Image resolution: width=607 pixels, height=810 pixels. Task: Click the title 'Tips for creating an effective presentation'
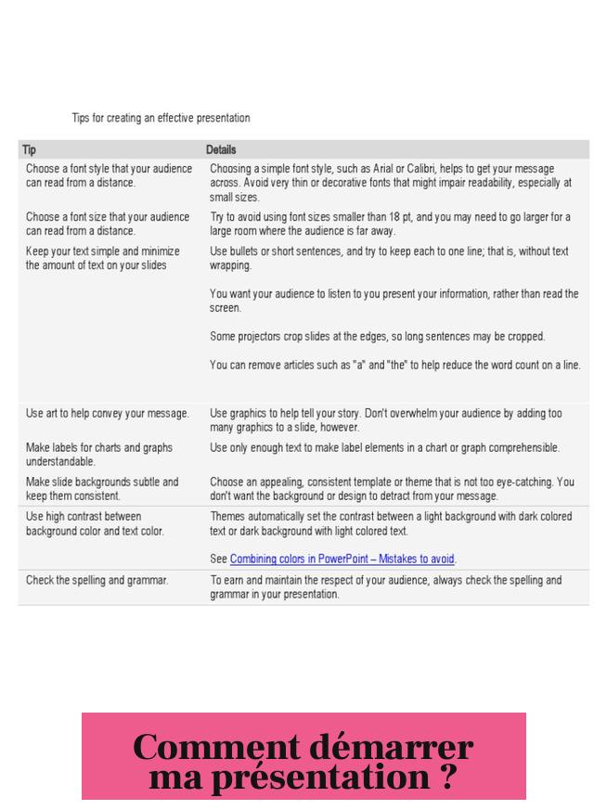click(161, 119)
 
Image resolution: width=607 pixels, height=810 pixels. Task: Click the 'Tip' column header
click(30, 149)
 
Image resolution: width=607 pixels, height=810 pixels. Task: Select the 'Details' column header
click(221, 149)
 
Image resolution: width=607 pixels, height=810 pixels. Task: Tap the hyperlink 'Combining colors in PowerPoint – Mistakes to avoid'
click(342, 559)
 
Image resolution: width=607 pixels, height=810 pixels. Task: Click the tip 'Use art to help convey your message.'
click(108, 413)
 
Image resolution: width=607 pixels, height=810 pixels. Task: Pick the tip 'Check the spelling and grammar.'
click(97, 581)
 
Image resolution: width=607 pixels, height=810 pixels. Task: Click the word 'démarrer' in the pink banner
click(391, 747)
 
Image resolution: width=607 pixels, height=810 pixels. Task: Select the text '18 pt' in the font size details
click(394, 217)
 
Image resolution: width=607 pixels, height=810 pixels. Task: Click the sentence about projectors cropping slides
click(378, 336)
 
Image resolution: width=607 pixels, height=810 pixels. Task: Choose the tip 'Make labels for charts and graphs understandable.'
click(99, 454)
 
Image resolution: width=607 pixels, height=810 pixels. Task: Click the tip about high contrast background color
click(95, 523)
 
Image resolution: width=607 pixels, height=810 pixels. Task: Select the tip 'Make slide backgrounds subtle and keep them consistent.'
click(102, 489)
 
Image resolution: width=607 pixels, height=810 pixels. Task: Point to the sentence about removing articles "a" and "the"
click(395, 365)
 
